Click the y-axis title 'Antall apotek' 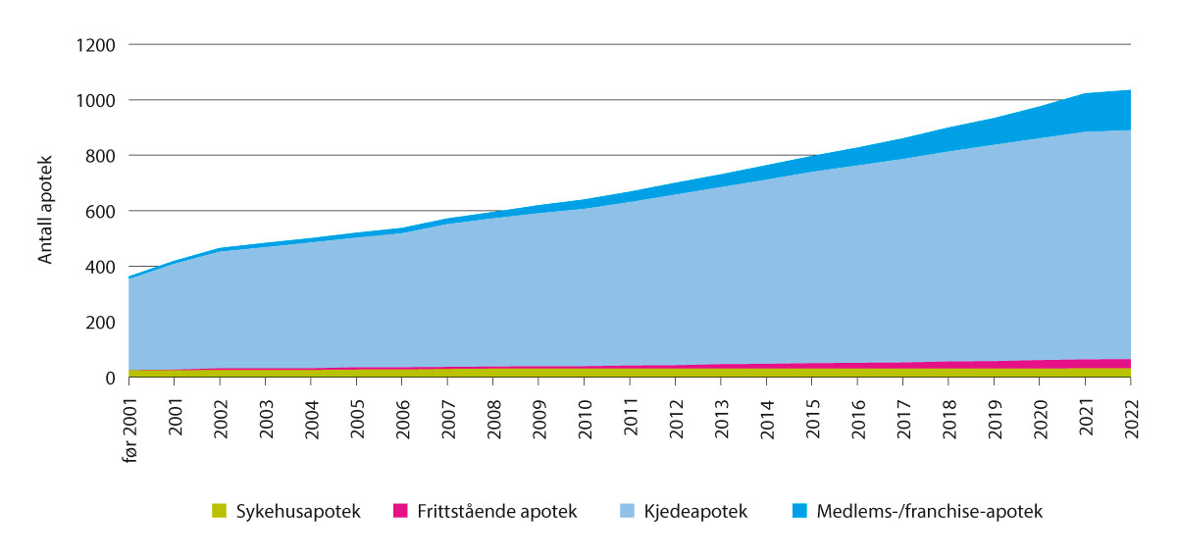click(x=45, y=211)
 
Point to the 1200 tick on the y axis click(x=95, y=45)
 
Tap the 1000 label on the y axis click(x=95, y=100)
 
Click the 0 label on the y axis click(x=110, y=378)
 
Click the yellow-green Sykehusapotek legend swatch click(x=219, y=511)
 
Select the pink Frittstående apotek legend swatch click(x=399, y=511)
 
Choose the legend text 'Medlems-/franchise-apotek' click(x=929, y=511)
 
